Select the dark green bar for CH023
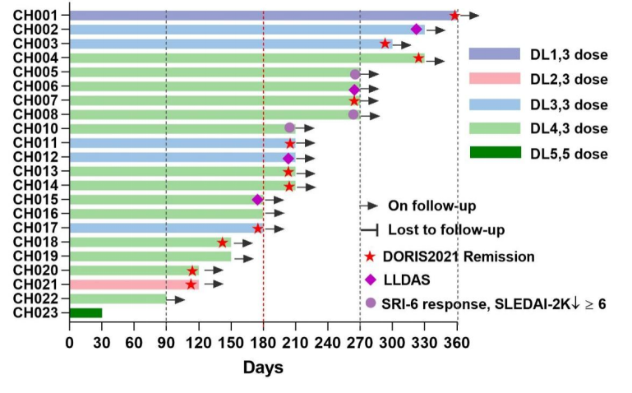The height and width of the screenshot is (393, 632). click(85, 312)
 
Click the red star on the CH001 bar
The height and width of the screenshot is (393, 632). click(454, 16)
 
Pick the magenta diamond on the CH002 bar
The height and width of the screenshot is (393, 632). click(416, 30)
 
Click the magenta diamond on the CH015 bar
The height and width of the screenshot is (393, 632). click(257, 200)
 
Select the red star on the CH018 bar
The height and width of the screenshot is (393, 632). click(222, 243)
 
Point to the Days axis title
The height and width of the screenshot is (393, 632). click(263, 367)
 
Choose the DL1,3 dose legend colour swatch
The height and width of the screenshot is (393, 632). click(495, 54)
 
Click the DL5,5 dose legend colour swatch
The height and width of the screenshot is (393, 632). click(495, 152)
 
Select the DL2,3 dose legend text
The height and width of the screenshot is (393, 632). click(569, 80)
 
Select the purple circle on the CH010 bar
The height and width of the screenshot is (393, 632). click(289, 128)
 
